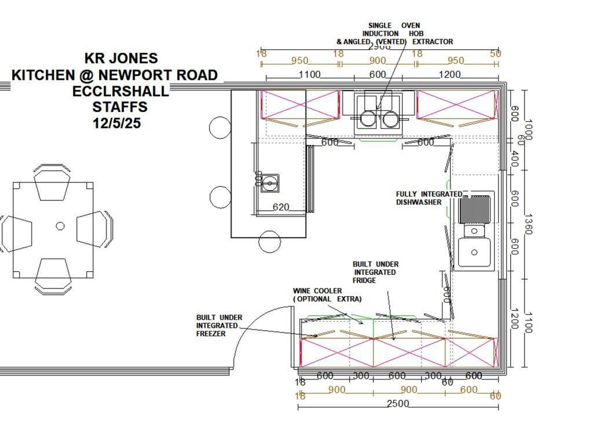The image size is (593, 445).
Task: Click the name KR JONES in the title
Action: point(121,59)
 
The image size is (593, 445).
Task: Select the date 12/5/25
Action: point(116,123)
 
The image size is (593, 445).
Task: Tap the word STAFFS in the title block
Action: point(120,107)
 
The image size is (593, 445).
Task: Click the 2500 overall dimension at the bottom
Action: point(398,404)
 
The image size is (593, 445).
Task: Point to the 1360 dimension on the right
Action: point(528,224)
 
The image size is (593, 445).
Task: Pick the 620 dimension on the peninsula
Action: point(280,207)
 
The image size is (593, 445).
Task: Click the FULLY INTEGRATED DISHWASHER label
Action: point(429,198)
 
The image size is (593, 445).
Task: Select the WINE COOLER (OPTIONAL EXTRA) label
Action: point(327,295)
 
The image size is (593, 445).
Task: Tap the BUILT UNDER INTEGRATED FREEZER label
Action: point(219,326)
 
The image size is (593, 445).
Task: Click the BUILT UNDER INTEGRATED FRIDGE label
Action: point(375,272)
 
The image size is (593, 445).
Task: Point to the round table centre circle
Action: point(60,226)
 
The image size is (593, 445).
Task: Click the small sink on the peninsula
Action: point(269,183)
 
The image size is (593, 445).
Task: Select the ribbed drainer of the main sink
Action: point(475,209)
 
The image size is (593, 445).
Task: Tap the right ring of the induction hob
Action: point(390,119)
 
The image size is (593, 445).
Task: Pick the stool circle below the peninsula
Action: point(270,241)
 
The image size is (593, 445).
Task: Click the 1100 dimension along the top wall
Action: point(309,74)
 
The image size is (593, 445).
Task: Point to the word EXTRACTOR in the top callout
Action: point(433,42)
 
